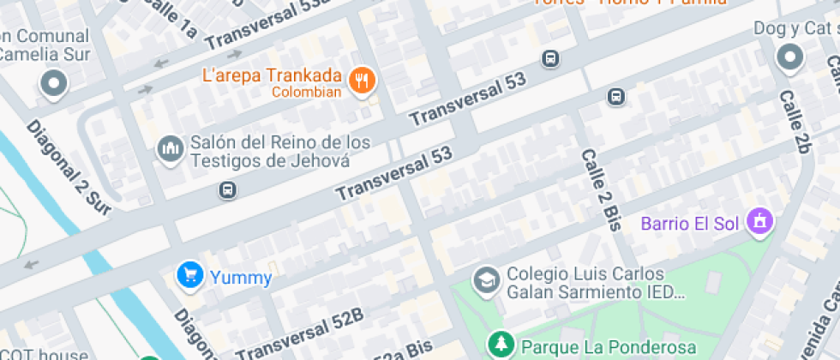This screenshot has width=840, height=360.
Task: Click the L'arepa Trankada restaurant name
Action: tap(273, 75)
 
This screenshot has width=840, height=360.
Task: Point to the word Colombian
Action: tap(307, 93)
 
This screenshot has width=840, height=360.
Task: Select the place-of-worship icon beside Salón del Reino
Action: tap(171, 149)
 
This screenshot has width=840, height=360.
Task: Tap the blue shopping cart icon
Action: tap(189, 275)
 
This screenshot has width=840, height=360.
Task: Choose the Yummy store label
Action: tap(243, 278)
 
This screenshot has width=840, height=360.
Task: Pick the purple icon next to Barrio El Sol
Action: tap(759, 223)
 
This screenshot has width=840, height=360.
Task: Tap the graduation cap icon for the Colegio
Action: tap(487, 280)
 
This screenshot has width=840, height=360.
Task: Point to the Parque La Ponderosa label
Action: tap(609, 347)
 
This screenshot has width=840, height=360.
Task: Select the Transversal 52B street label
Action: tap(299, 335)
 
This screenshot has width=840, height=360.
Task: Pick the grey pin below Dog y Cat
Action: tap(789, 58)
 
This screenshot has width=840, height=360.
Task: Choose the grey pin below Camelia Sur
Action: tap(54, 84)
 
